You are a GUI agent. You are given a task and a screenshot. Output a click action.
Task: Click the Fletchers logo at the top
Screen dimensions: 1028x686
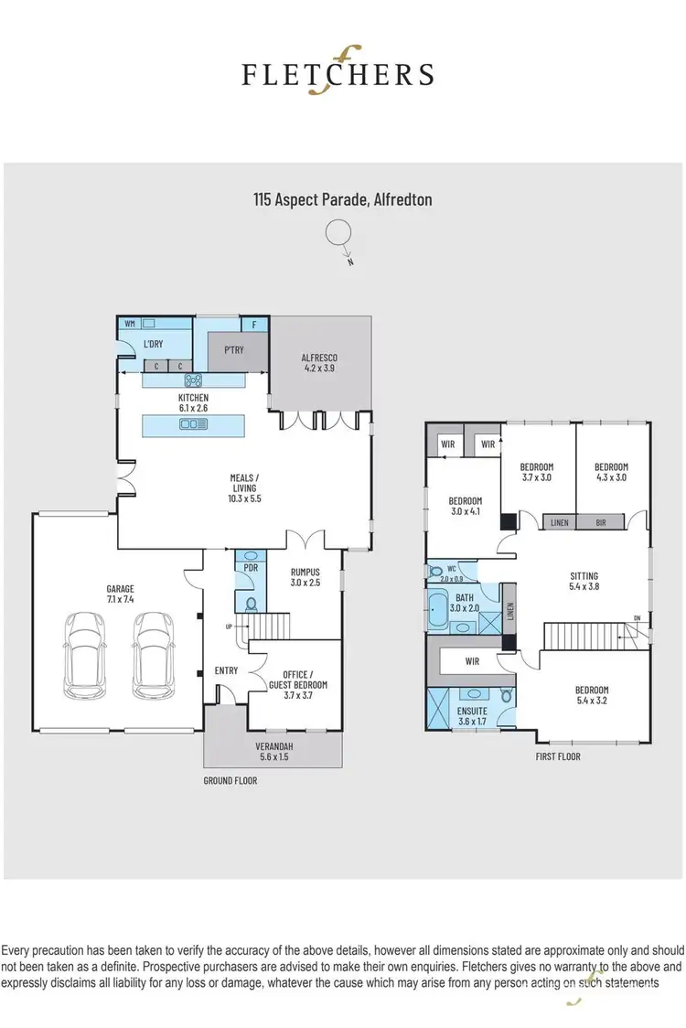[x=338, y=72]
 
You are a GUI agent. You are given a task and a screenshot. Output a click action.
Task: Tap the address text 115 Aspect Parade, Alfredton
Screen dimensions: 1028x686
[x=342, y=198]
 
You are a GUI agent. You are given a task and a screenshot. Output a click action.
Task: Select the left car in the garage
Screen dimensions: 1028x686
[x=83, y=654]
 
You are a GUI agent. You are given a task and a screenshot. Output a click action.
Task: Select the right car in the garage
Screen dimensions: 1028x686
[x=152, y=654]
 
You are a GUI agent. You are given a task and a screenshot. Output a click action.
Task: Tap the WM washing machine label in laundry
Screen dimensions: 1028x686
[x=129, y=324]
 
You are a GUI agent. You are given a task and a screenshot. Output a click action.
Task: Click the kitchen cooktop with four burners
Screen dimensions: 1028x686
[x=193, y=380]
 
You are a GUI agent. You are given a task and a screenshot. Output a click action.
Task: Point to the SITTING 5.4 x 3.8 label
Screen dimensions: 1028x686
[x=584, y=582]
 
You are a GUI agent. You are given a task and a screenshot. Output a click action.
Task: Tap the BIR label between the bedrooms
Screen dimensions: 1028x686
[x=599, y=522]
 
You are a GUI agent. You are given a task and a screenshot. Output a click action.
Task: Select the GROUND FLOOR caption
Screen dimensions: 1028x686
[x=230, y=781]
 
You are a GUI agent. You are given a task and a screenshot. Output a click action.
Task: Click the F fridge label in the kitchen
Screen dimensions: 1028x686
[x=253, y=325]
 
